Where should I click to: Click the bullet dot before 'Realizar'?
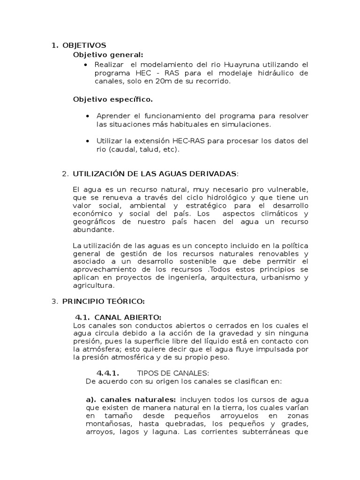tap(85, 65)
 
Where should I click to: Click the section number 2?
tap(65, 174)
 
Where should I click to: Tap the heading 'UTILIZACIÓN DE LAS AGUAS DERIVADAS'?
tap(155, 174)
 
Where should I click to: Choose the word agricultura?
tap(94, 285)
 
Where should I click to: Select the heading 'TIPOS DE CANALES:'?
tap(172, 373)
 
